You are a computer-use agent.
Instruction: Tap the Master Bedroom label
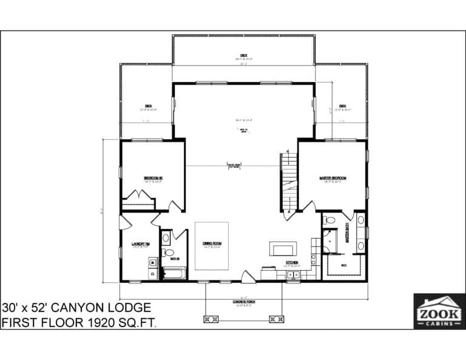click(333, 178)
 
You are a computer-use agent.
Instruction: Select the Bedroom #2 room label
click(152, 178)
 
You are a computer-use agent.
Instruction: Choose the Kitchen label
click(292, 263)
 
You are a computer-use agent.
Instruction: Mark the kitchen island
click(283, 249)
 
